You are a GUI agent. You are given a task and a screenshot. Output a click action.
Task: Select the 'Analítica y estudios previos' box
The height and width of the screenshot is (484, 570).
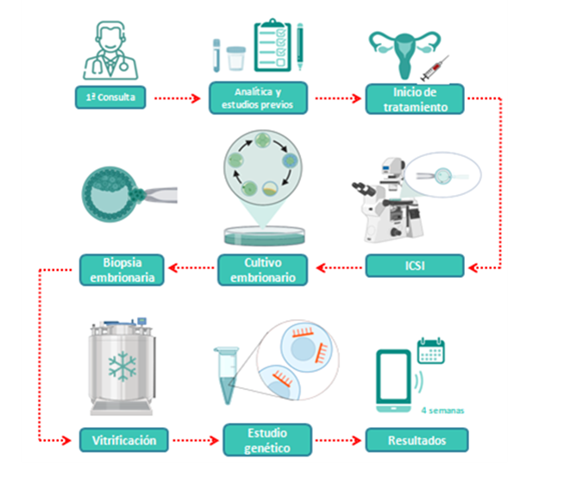tap(258, 98)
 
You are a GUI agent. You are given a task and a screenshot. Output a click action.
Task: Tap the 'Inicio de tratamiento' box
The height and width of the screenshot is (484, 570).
tap(415, 98)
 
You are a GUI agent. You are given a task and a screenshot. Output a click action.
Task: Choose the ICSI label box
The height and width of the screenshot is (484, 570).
tap(415, 266)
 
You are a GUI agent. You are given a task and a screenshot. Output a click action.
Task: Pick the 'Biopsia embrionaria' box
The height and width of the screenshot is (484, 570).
tap(123, 268)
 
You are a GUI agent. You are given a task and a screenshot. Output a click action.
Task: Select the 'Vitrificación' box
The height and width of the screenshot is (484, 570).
tap(123, 440)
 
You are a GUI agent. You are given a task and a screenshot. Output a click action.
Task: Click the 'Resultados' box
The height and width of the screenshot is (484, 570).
tap(417, 440)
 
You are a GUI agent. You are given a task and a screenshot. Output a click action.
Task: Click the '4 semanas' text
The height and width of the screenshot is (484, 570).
tap(442, 411)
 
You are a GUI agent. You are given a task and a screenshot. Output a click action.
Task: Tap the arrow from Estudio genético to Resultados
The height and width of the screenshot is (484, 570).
tap(337, 440)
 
